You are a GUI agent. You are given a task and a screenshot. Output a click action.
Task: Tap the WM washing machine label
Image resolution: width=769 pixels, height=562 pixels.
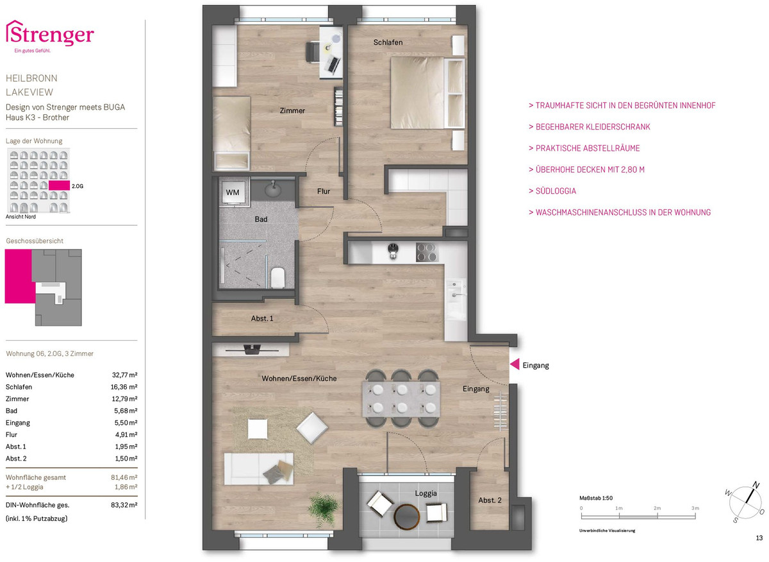click(233, 192)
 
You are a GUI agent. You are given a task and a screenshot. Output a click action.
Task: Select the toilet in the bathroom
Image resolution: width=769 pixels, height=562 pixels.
click(277, 277)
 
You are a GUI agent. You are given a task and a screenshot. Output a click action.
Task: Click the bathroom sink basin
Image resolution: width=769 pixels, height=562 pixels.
click(274, 189)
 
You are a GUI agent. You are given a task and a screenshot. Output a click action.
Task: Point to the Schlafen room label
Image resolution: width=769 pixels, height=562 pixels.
click(388, 42)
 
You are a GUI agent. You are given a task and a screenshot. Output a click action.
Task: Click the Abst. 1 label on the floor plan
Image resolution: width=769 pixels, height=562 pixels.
click(262, 318)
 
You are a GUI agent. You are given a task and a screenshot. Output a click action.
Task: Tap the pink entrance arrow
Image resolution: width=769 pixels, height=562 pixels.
click(514, 364)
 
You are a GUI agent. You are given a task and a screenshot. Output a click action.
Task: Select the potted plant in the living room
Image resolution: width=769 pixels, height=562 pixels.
click(324, 508)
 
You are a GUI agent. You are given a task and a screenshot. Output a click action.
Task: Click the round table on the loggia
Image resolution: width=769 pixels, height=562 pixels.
click(407, 516)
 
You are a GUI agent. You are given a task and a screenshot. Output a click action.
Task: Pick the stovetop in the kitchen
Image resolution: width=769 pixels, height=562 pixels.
click(427, 253)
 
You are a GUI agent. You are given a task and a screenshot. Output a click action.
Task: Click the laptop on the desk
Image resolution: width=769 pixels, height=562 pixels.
click(333, 65)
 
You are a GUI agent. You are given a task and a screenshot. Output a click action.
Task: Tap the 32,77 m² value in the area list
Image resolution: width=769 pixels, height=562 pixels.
click(124, 375)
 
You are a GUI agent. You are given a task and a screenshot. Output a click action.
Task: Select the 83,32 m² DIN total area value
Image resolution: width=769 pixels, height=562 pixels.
click(124, 505)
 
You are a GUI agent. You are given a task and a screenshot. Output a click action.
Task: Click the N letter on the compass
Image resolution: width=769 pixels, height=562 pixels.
click(756, 485)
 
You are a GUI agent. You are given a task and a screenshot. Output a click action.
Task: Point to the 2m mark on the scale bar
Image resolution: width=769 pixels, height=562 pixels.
click(657, 508)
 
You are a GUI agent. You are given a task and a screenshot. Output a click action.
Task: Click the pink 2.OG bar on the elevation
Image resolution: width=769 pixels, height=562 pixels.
click(59, 185)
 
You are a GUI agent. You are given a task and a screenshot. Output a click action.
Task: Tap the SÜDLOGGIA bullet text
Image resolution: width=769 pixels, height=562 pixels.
click(552, 191)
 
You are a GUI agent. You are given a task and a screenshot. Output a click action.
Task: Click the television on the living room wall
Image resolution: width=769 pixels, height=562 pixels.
click(252, 350)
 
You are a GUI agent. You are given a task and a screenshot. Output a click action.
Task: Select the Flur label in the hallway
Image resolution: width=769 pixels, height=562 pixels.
click(324, 191)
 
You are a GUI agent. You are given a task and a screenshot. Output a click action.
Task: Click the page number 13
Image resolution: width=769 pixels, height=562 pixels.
click(759, 538)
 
